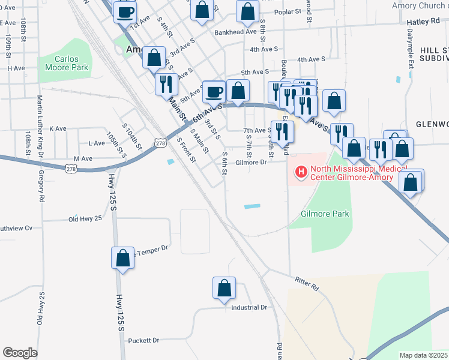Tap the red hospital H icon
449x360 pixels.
coord(301,173)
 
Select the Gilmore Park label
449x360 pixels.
coord(325,214)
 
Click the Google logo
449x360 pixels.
coord(20,352)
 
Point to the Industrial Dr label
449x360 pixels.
coord(249,307)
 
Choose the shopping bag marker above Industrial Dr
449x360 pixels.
coord(224,288)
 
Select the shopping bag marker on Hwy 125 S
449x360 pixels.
coord(122,258)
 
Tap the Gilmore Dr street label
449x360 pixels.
coord(250,162)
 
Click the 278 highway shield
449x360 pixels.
coord(160,143)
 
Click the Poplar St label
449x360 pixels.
coord(288,12)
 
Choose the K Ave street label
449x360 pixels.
coord(58,128)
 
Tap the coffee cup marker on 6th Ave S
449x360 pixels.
coord(214,92)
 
